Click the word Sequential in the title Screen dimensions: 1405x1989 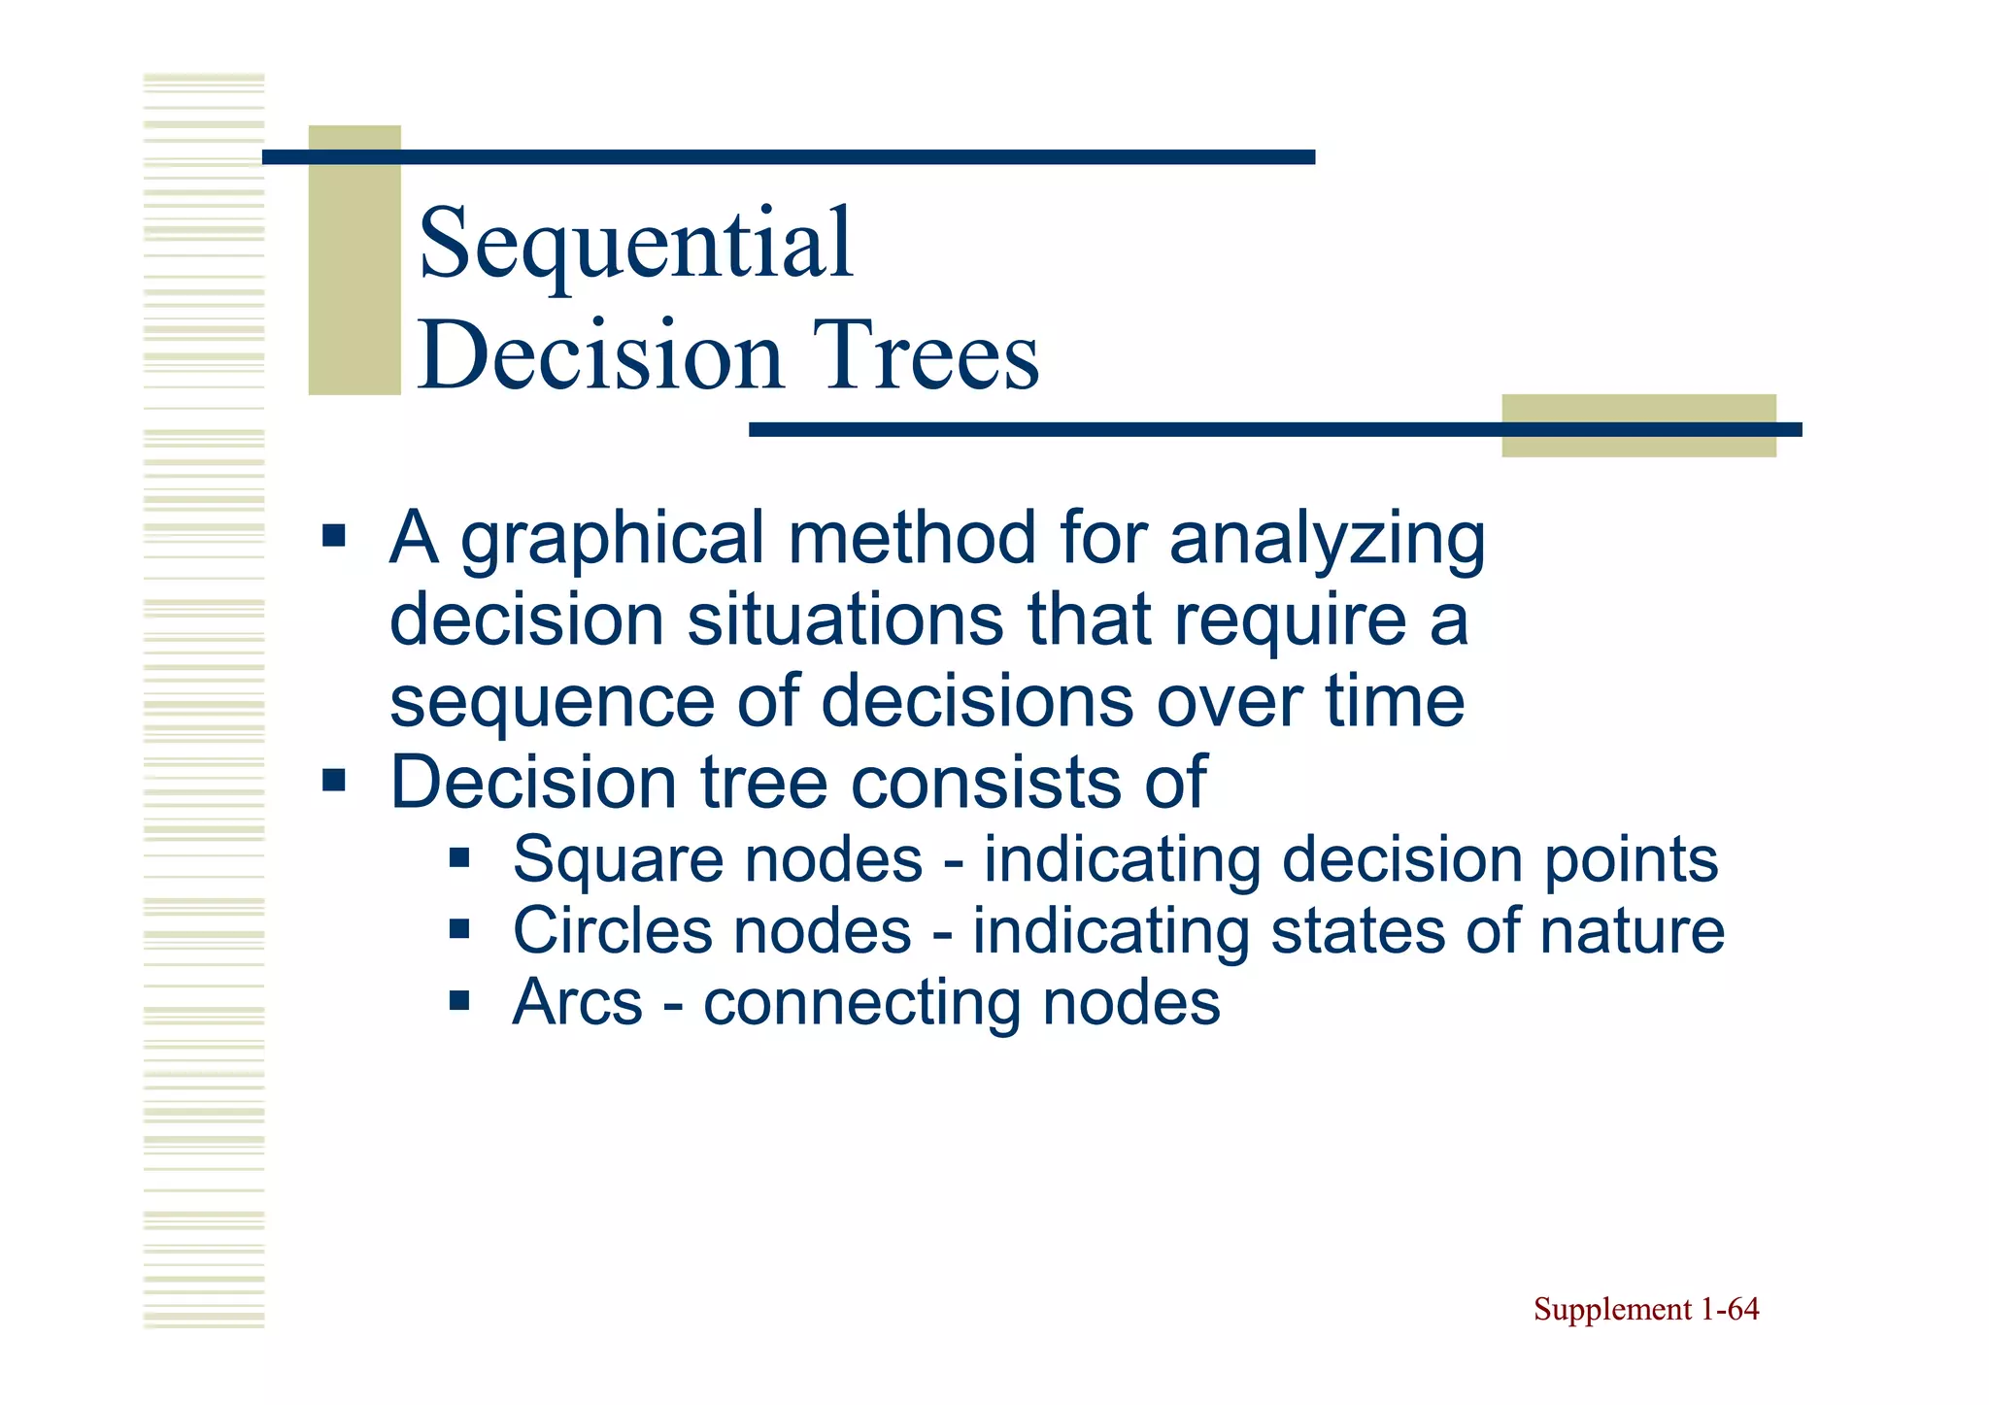tap(635, 245)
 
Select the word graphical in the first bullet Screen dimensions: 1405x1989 tap(612, 540)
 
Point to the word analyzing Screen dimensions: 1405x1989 tap(1327, 540)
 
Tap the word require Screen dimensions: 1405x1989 tap(1290, 621)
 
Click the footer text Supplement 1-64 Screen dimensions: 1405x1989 tap(1645, 1310)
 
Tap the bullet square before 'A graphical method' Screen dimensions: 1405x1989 tap(334, 535)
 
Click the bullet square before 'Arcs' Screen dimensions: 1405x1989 tap(459, 999)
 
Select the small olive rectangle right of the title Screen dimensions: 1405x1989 tap(1637, 425)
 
